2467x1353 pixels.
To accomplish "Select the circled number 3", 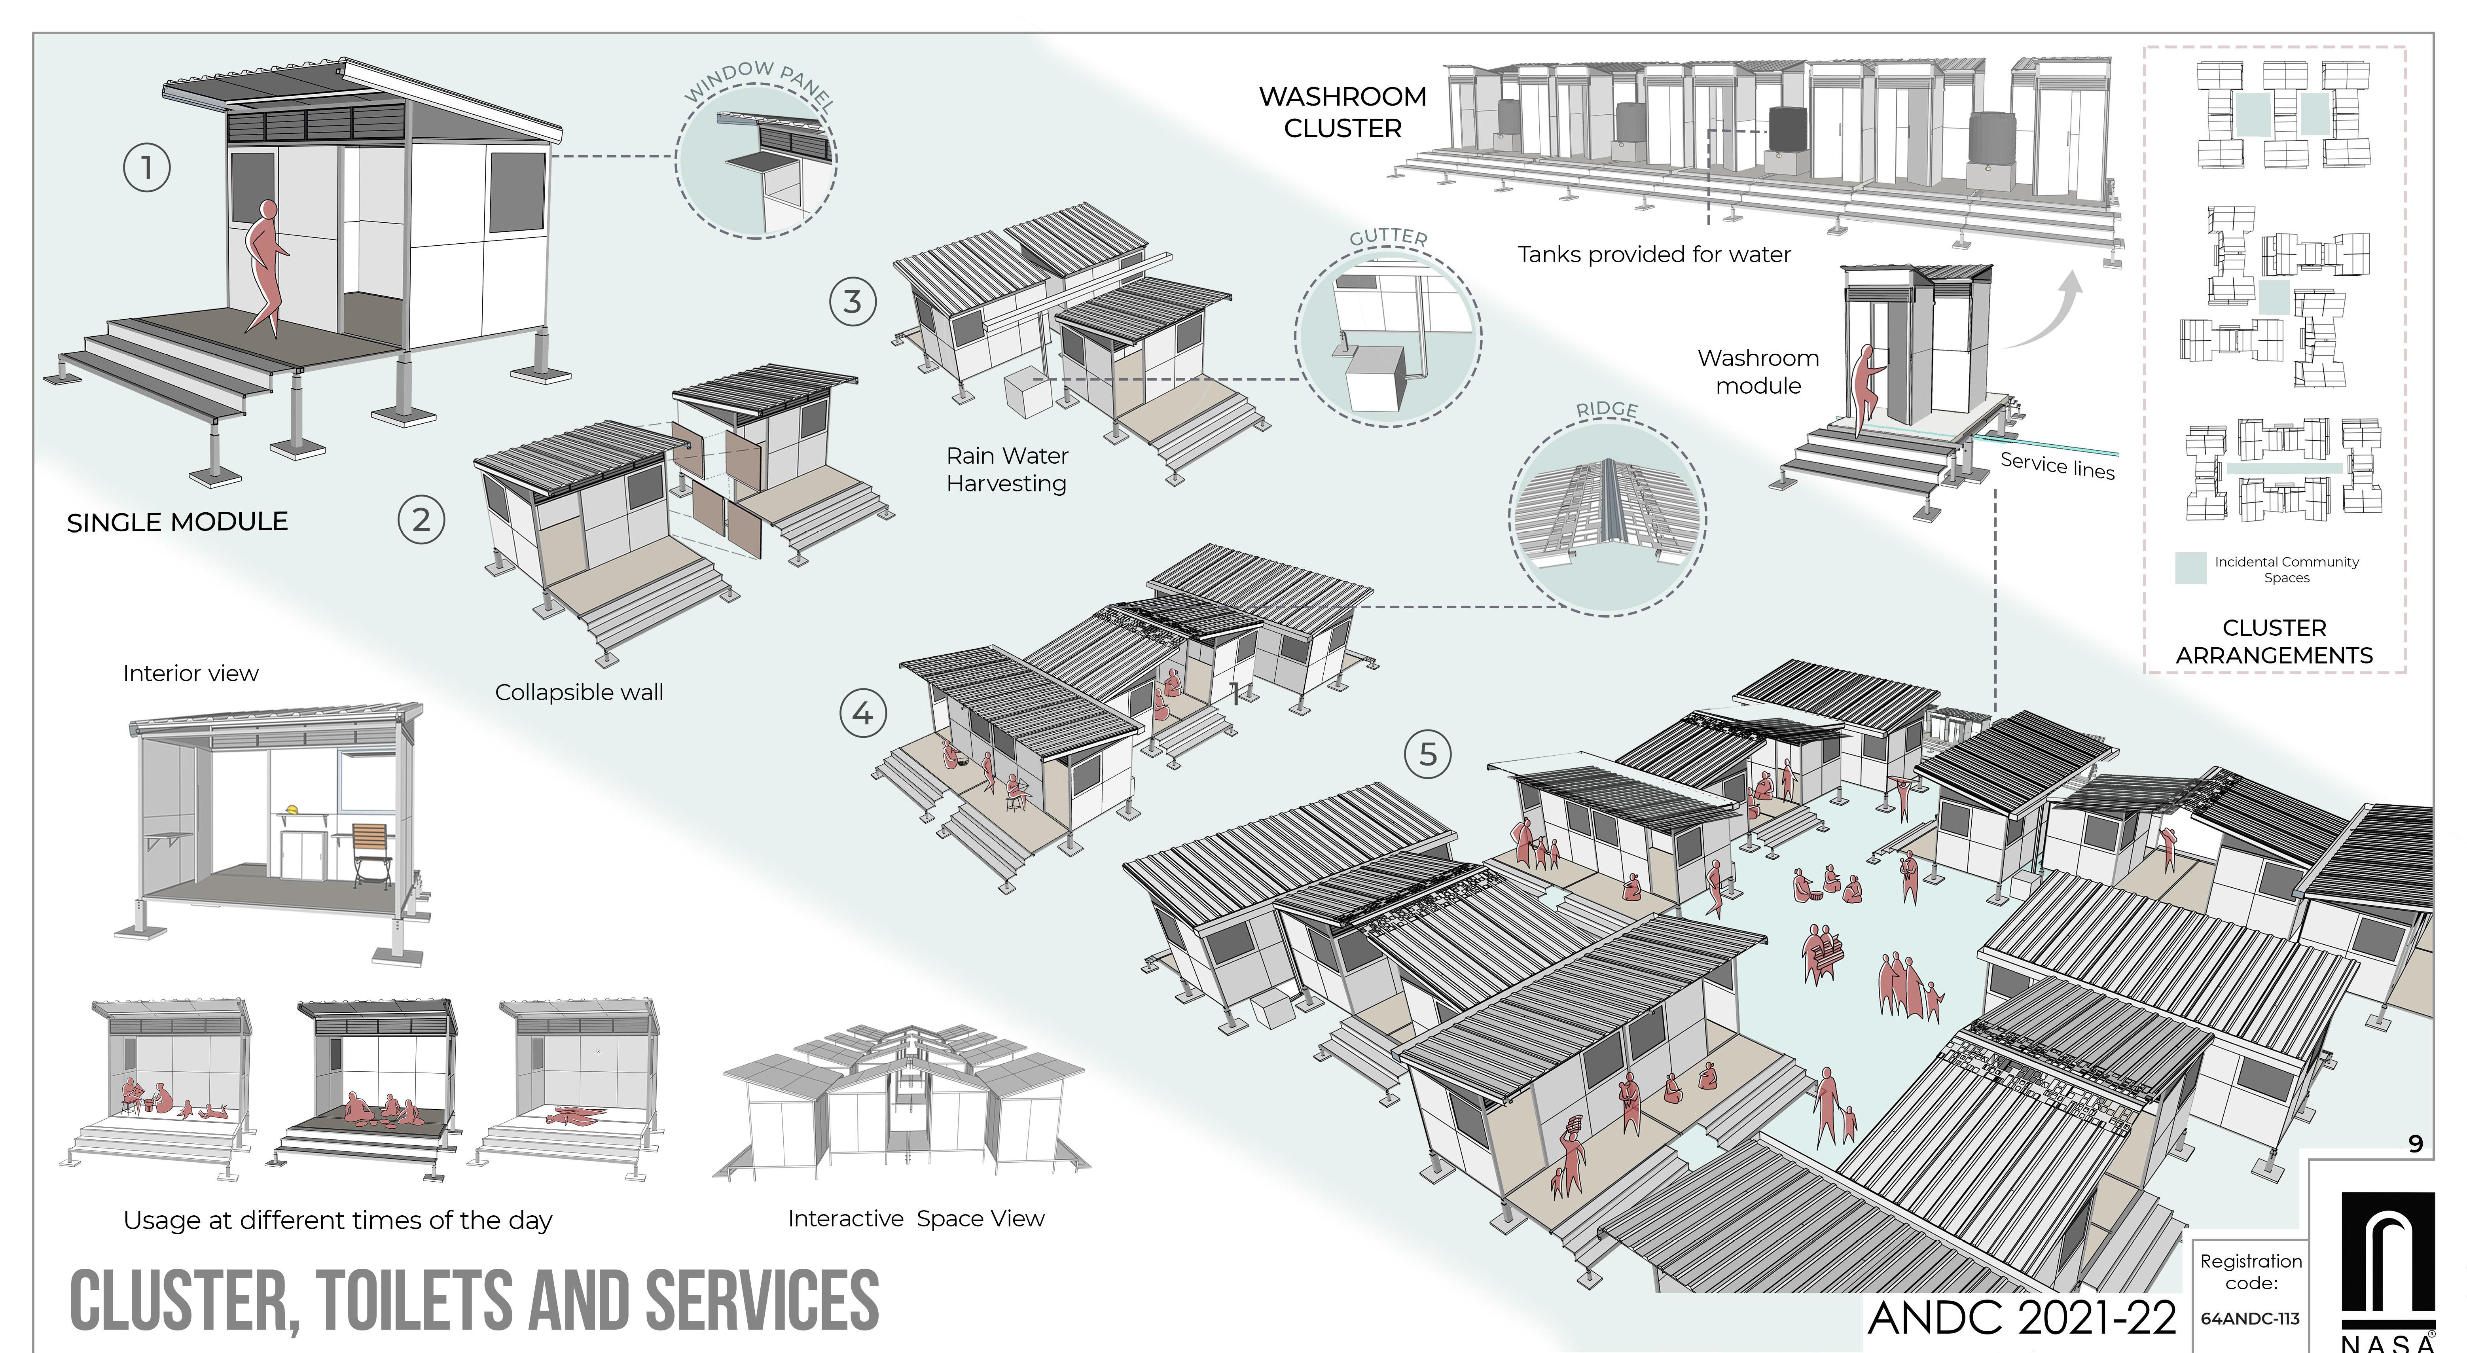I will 853,301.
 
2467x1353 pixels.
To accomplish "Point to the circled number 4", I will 863,713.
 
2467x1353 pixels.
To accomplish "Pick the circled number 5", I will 1428,754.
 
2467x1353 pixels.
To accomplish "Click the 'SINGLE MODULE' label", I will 177,522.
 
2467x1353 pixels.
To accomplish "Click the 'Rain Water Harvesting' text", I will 1006,469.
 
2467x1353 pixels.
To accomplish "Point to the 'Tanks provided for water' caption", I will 1654,255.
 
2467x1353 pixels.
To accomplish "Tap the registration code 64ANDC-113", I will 2249,1319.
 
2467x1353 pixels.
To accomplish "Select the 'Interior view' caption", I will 191,673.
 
